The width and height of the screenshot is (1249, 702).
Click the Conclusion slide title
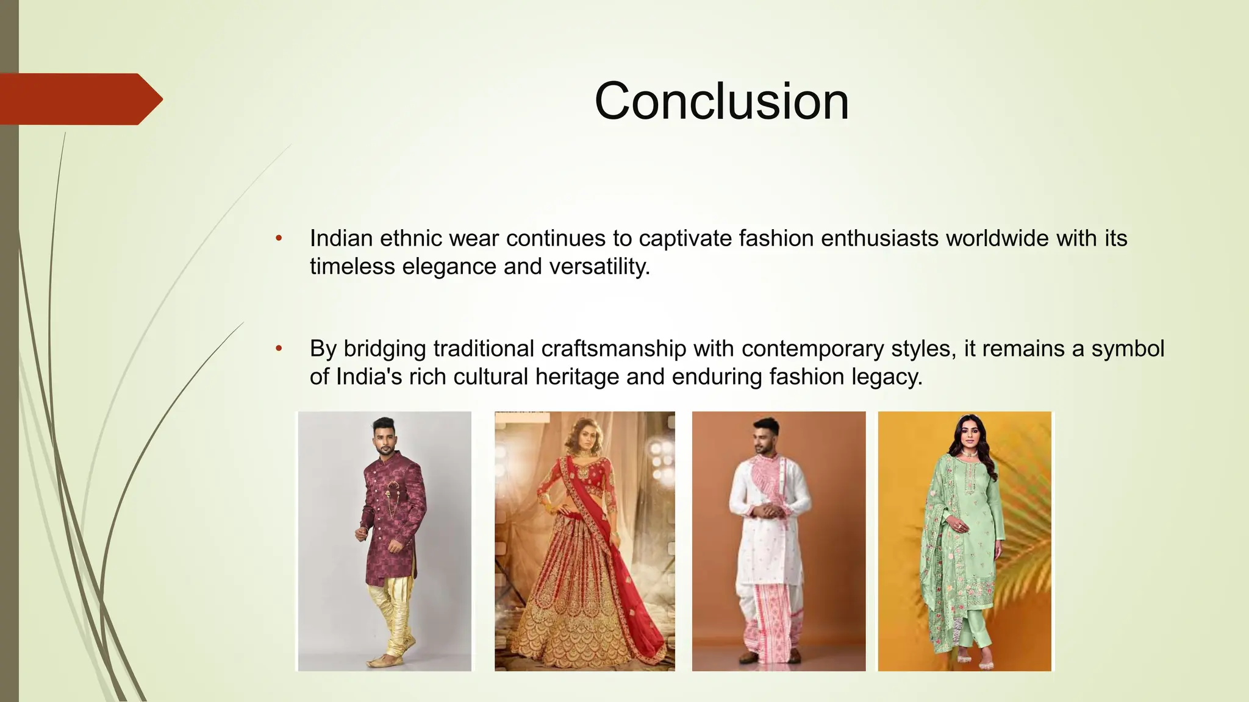tap(721, 101)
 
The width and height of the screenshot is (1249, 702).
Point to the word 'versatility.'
tap(600, 266)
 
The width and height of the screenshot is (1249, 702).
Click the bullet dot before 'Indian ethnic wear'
tap(279, 238)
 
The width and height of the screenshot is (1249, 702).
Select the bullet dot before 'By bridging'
tap(279, 349)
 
